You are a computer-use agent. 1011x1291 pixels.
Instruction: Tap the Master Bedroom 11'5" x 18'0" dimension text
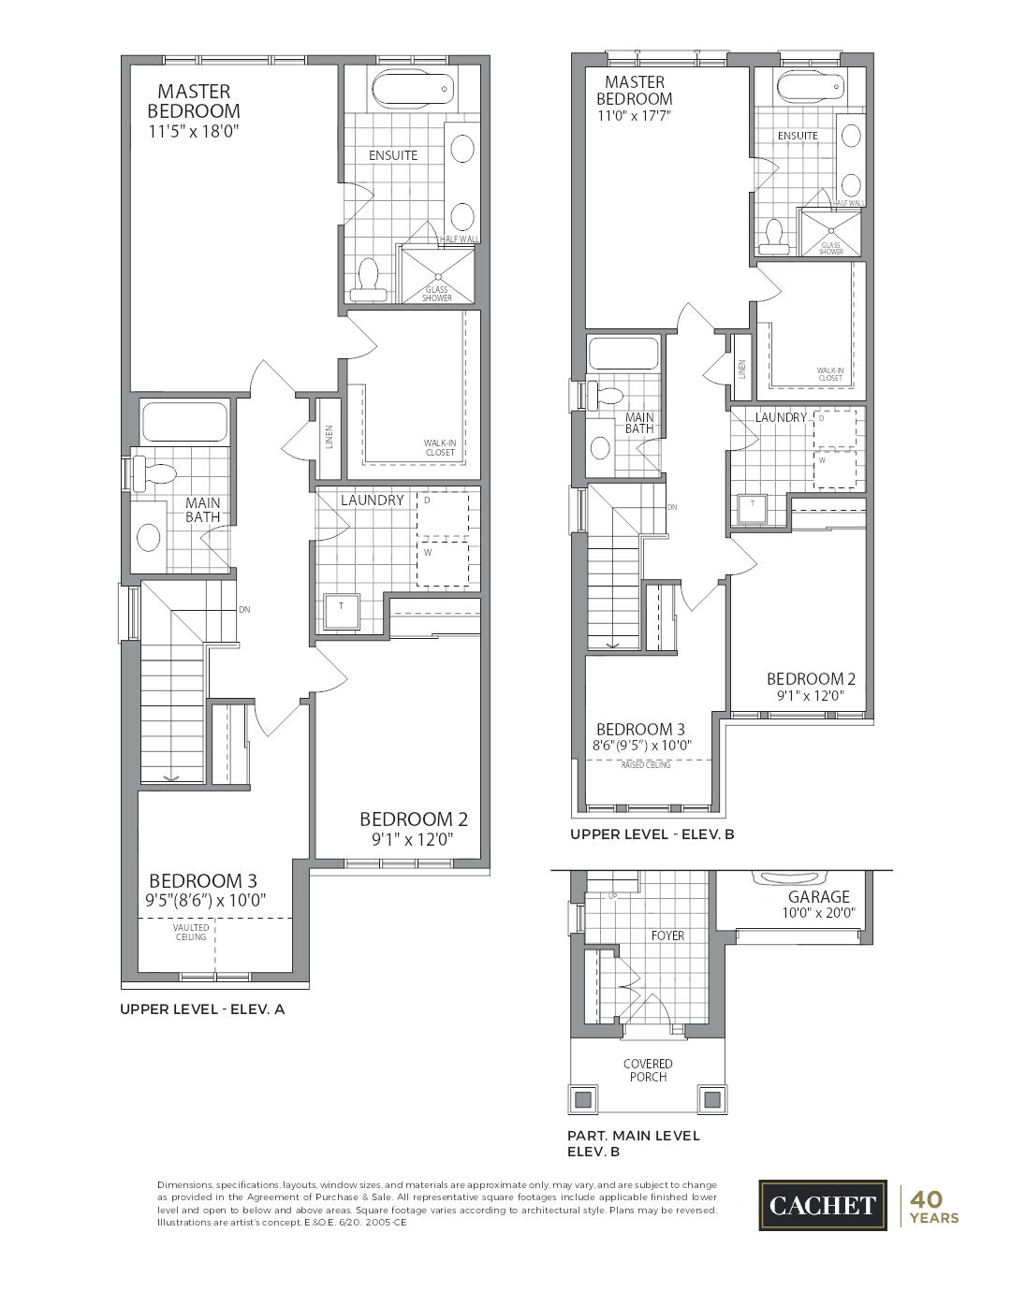tap(194, 132)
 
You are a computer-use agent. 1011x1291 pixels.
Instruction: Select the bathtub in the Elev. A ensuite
tap(412, 90)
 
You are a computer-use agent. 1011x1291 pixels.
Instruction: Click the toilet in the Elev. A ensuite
tap(368, 282)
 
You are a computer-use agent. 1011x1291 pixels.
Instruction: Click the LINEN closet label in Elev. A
tap(330, 437)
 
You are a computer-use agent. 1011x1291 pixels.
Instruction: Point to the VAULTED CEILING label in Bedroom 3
tap(191, 933)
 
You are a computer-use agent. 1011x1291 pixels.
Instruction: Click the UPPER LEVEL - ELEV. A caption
tap(201, 1009)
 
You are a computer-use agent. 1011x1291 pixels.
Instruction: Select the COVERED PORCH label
tap(648, 1070)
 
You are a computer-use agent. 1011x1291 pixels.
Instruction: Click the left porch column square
tap(583, 1098)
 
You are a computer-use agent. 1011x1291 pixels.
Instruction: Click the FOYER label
tap(667, 936)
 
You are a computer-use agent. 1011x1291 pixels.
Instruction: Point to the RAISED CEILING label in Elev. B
tap(646, 765)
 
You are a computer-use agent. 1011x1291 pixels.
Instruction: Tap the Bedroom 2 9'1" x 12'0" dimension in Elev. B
tap(811, 696)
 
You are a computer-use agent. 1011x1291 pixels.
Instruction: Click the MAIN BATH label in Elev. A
tap(202, 510)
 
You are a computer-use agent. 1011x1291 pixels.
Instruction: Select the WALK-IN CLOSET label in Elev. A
tap(439, 448)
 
